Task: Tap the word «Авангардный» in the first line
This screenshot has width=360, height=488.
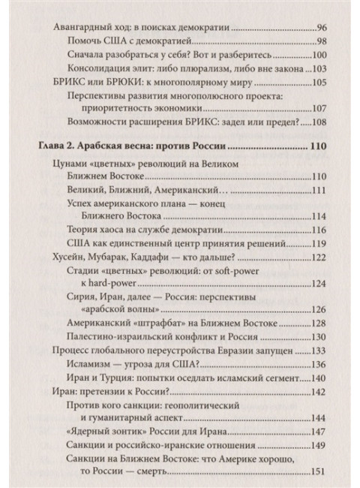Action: (77, 28)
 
